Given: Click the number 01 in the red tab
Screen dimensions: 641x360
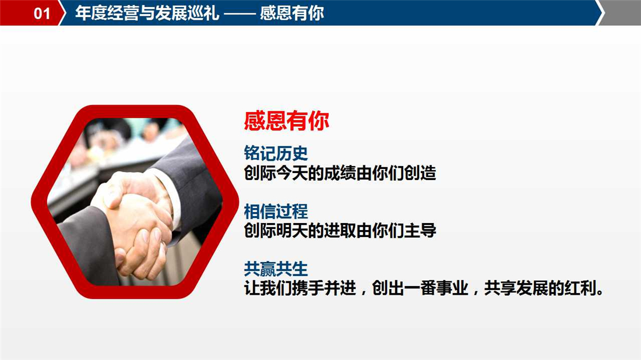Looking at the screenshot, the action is (x=42, y=13).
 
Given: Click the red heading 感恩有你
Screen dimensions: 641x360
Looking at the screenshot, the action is (x=287, y=121).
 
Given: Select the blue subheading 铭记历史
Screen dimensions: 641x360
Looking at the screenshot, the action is (x=276, y=153).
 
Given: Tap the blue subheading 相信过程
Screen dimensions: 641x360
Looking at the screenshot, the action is (x=276, y=211).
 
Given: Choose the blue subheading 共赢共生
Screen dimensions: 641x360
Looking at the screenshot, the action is (x=276, y=269).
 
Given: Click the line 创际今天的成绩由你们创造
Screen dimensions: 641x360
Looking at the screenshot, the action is (x=340, y=173).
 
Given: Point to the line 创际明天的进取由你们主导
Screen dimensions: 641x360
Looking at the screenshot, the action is (x=340, y=231).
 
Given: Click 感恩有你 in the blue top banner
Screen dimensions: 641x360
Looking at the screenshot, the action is (x=292, y=13).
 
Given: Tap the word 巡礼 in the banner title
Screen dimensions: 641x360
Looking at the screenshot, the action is (x=203, y=13).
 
